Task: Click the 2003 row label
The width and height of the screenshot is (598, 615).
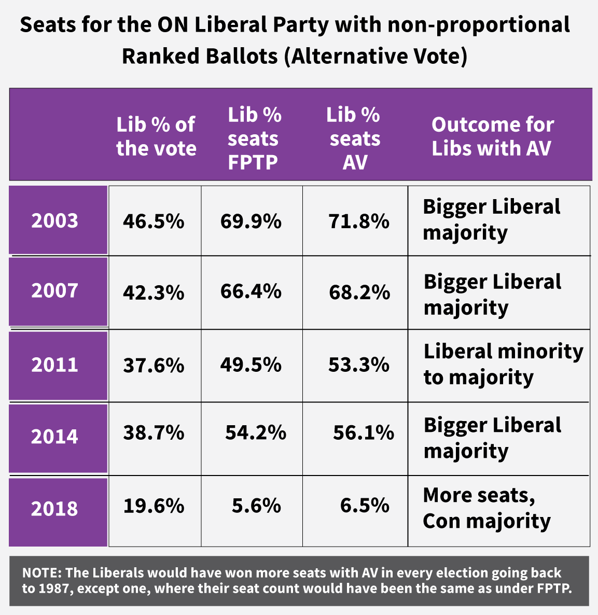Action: pos(54,220)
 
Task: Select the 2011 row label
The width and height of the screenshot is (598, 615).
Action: pos(54,365)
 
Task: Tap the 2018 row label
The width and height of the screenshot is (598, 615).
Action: pos(54,508)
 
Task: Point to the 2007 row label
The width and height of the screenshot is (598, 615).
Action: pos(54,290)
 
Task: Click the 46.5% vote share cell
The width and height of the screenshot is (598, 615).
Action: pos(154,221)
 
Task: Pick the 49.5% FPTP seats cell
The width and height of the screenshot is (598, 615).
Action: pos(251,365)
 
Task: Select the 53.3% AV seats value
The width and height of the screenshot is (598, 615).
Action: pos(358,365)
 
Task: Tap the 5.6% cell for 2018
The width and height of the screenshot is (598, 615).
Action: pos(256,505)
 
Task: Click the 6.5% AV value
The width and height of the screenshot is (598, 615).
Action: pos(365,505)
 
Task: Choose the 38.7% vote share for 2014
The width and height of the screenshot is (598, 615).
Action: pos(154,432)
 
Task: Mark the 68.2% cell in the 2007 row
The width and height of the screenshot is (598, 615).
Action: pos(359,292)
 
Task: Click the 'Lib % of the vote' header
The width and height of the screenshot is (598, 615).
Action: pos(156,136)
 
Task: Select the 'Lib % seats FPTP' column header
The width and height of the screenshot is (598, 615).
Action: pos(254,138)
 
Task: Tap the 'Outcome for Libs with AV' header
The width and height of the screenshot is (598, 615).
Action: pos(492,136)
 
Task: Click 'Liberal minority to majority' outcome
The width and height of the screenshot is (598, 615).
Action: pos(503,364)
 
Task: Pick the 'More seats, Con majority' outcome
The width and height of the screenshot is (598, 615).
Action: pos(486,508)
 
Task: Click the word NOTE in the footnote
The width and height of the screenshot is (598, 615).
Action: pos(40,573)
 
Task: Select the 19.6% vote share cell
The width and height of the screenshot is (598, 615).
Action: pos(154,505)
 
